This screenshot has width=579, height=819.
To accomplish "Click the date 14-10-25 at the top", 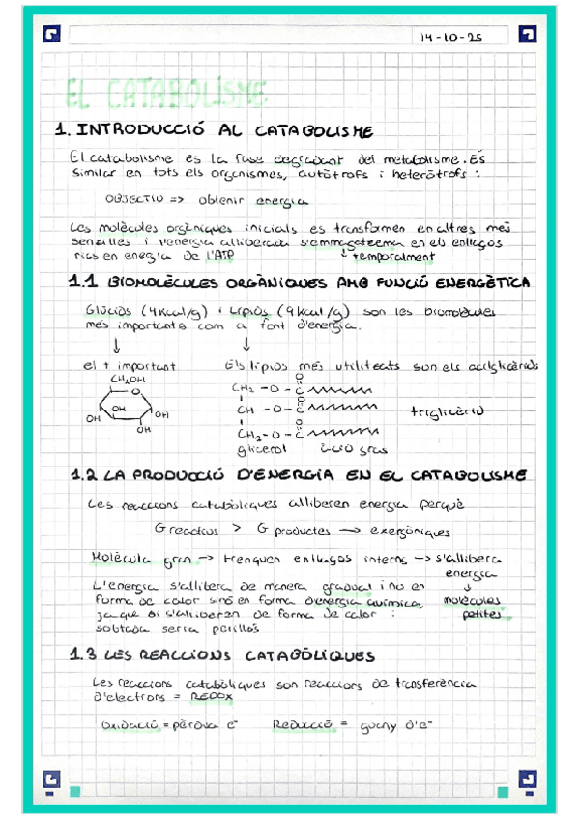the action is [x=450, y=38].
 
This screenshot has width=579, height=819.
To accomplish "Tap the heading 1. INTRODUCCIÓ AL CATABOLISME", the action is [x=222, y=130].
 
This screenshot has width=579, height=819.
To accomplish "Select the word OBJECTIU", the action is [x=133, y=201].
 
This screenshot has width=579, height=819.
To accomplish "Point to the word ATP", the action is [x=220, y=257].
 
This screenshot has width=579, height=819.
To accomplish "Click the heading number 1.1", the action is [x=84, y=284].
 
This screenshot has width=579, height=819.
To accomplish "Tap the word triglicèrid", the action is [x=446, y=410].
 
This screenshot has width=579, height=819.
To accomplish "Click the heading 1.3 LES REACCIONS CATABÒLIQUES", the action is [x=222, y=657].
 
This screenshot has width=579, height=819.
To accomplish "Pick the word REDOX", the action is [x=211, y=695].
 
